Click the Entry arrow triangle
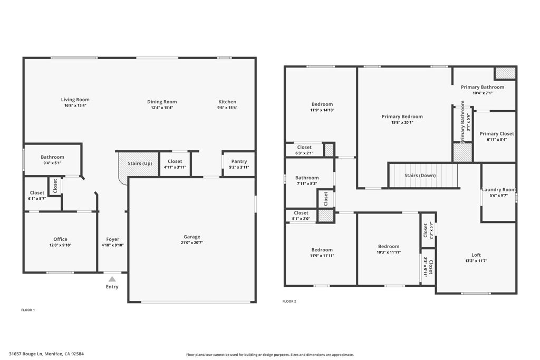112,279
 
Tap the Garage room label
192,237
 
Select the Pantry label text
239,161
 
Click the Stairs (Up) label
139,163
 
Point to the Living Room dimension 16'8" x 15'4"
75,105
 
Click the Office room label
60,239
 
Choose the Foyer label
112,239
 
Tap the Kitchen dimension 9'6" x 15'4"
228,108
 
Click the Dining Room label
162,102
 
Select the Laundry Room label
498,189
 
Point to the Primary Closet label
497,133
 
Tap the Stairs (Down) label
420,176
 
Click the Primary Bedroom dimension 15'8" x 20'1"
402,122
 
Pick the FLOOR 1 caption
28,310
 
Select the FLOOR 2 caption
289,301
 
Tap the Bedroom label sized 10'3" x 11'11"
389,246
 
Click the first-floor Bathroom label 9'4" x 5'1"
52,157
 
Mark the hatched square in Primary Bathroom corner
505,73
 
